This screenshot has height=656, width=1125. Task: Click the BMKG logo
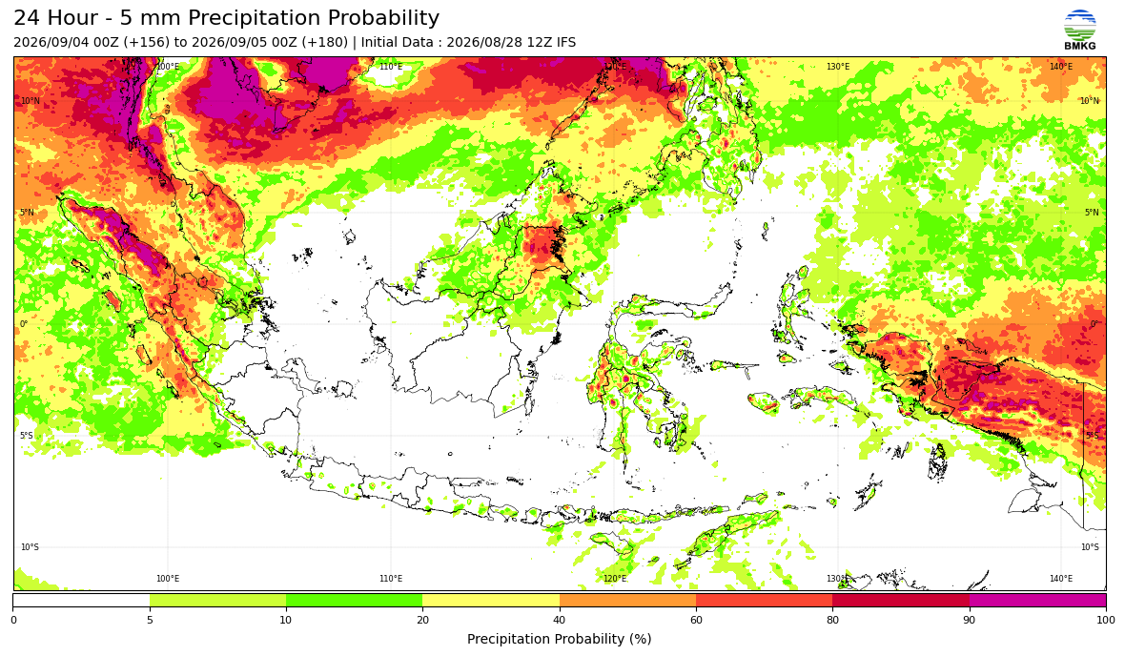click(1080, 31)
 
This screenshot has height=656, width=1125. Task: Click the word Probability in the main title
click(382, 18)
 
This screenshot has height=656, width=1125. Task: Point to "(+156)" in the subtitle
click(147, 42)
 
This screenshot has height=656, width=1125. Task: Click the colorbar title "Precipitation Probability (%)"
click(559, 639)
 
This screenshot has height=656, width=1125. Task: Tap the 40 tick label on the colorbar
click(559, 620)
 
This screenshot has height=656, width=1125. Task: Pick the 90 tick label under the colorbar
click(970, 620)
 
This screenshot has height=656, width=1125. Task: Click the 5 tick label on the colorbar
click(150, 620)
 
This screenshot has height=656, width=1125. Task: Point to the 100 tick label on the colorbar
click(1106, 620)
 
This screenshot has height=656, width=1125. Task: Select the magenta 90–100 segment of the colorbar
click(1037, 601)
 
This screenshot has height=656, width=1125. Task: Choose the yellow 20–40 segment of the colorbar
click(491, 601)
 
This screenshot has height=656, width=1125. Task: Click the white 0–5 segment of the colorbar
click(81, 601)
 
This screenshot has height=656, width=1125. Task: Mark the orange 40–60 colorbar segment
click(627, 601)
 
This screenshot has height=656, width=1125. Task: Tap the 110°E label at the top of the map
click(391, 67)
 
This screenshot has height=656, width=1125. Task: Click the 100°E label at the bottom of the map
click(168, 579)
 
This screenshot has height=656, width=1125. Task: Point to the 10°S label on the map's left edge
click(31, 547)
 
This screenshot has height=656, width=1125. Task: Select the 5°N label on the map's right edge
click(1092, 213)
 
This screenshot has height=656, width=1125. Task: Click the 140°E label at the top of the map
click(1061, 67)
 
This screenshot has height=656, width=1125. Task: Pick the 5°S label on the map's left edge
click(27, 436)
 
